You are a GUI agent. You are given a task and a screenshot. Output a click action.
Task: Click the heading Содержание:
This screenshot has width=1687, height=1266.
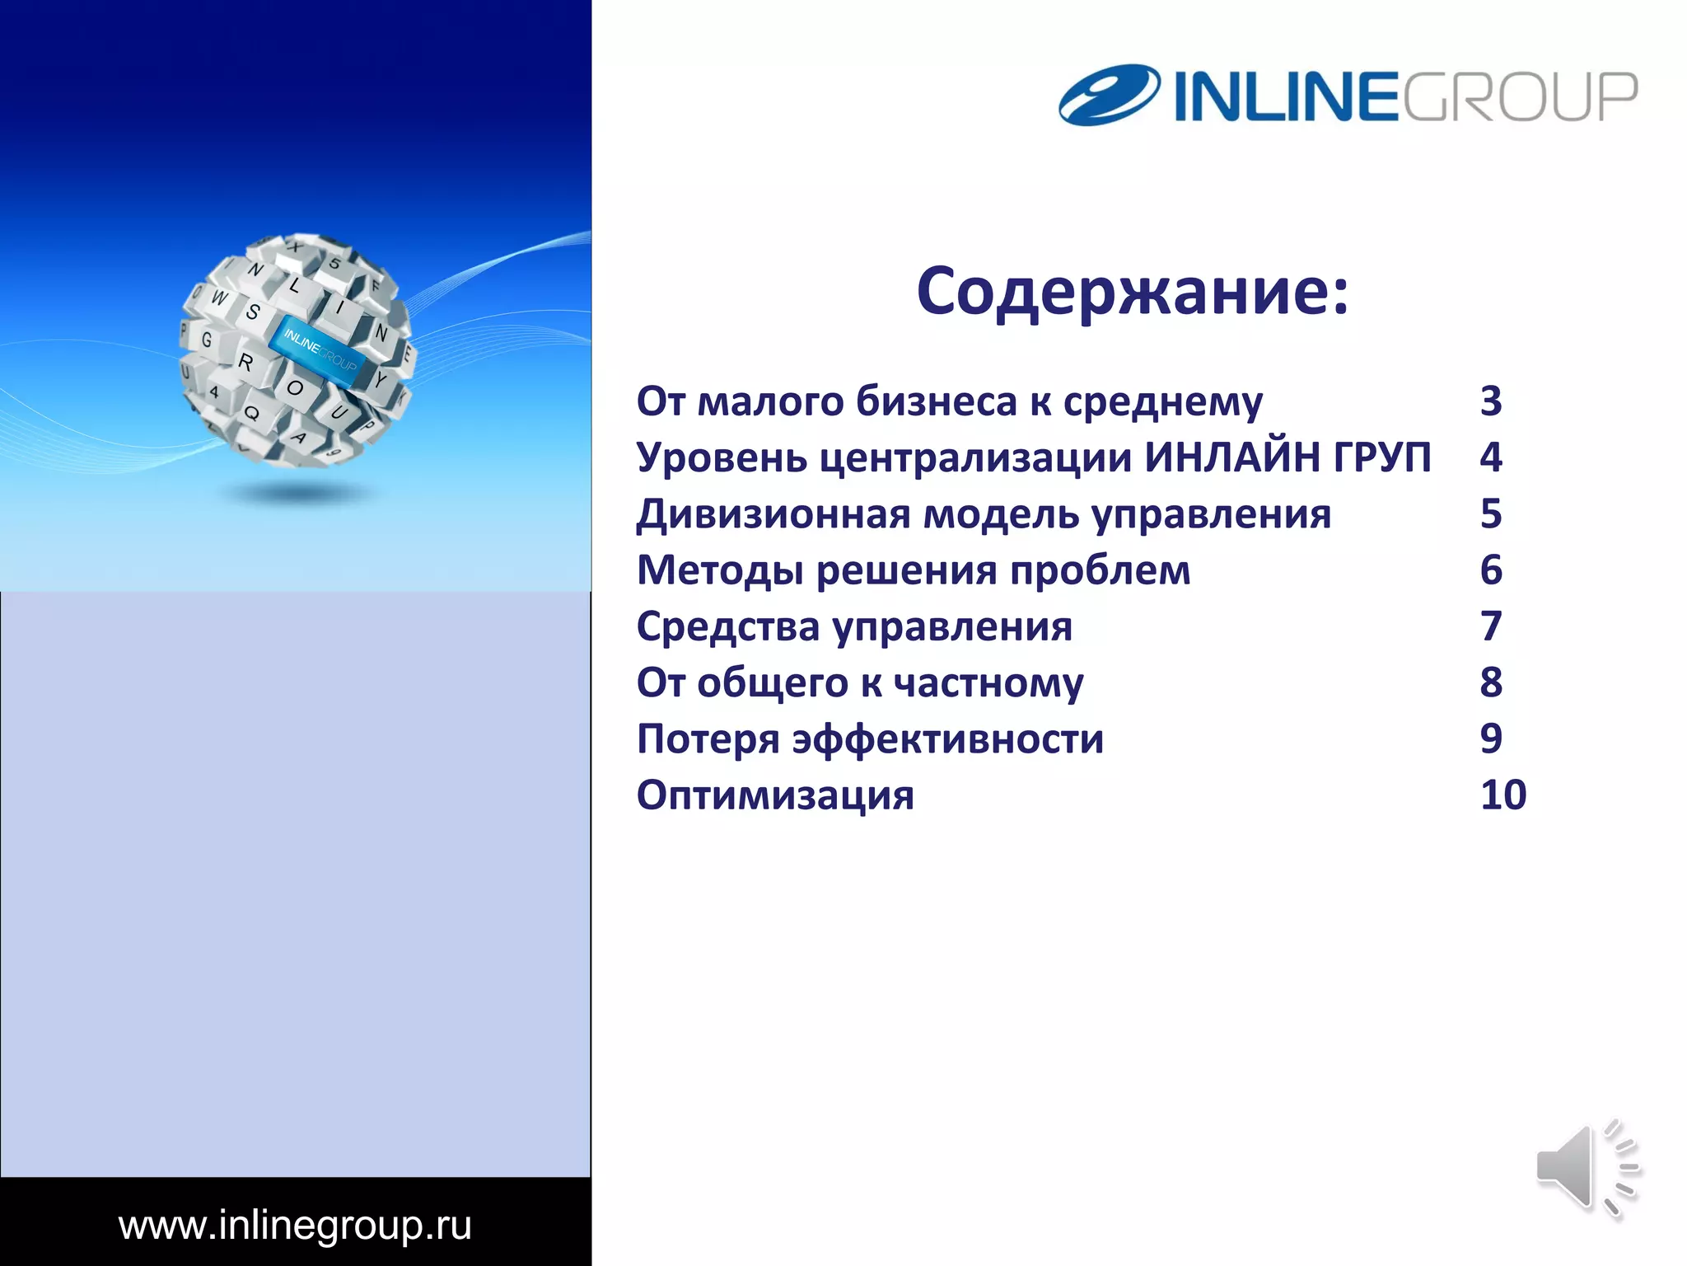pos(1133,292)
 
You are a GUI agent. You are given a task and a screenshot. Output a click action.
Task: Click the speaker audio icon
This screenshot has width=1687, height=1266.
pos(1587,1168)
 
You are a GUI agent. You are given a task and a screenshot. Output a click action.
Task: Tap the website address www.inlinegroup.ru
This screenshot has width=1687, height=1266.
pos(295,1226)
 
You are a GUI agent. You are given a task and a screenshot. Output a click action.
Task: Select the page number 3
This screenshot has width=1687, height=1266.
pos(1491,401)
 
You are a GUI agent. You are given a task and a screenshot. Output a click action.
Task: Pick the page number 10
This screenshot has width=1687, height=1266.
pos(1502,795)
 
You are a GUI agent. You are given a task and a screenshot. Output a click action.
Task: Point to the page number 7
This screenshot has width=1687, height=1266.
pos(1491,626)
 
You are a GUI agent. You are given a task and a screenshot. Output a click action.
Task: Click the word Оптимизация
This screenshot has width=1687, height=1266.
pos(775,795)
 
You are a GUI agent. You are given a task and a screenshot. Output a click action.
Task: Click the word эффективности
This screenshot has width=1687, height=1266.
pos(947,739)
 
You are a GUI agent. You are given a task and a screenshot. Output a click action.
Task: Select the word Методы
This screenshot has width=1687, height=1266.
pos(720,571)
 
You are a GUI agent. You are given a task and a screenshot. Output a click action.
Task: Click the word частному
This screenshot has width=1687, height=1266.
pos(988,683)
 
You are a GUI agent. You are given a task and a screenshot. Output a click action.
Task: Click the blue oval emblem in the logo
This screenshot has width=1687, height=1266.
pos(1109,94)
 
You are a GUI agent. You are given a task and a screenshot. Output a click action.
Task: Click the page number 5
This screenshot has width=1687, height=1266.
pos(1491,514)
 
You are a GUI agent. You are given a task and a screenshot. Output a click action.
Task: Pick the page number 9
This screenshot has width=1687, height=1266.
pos(1491,739)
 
